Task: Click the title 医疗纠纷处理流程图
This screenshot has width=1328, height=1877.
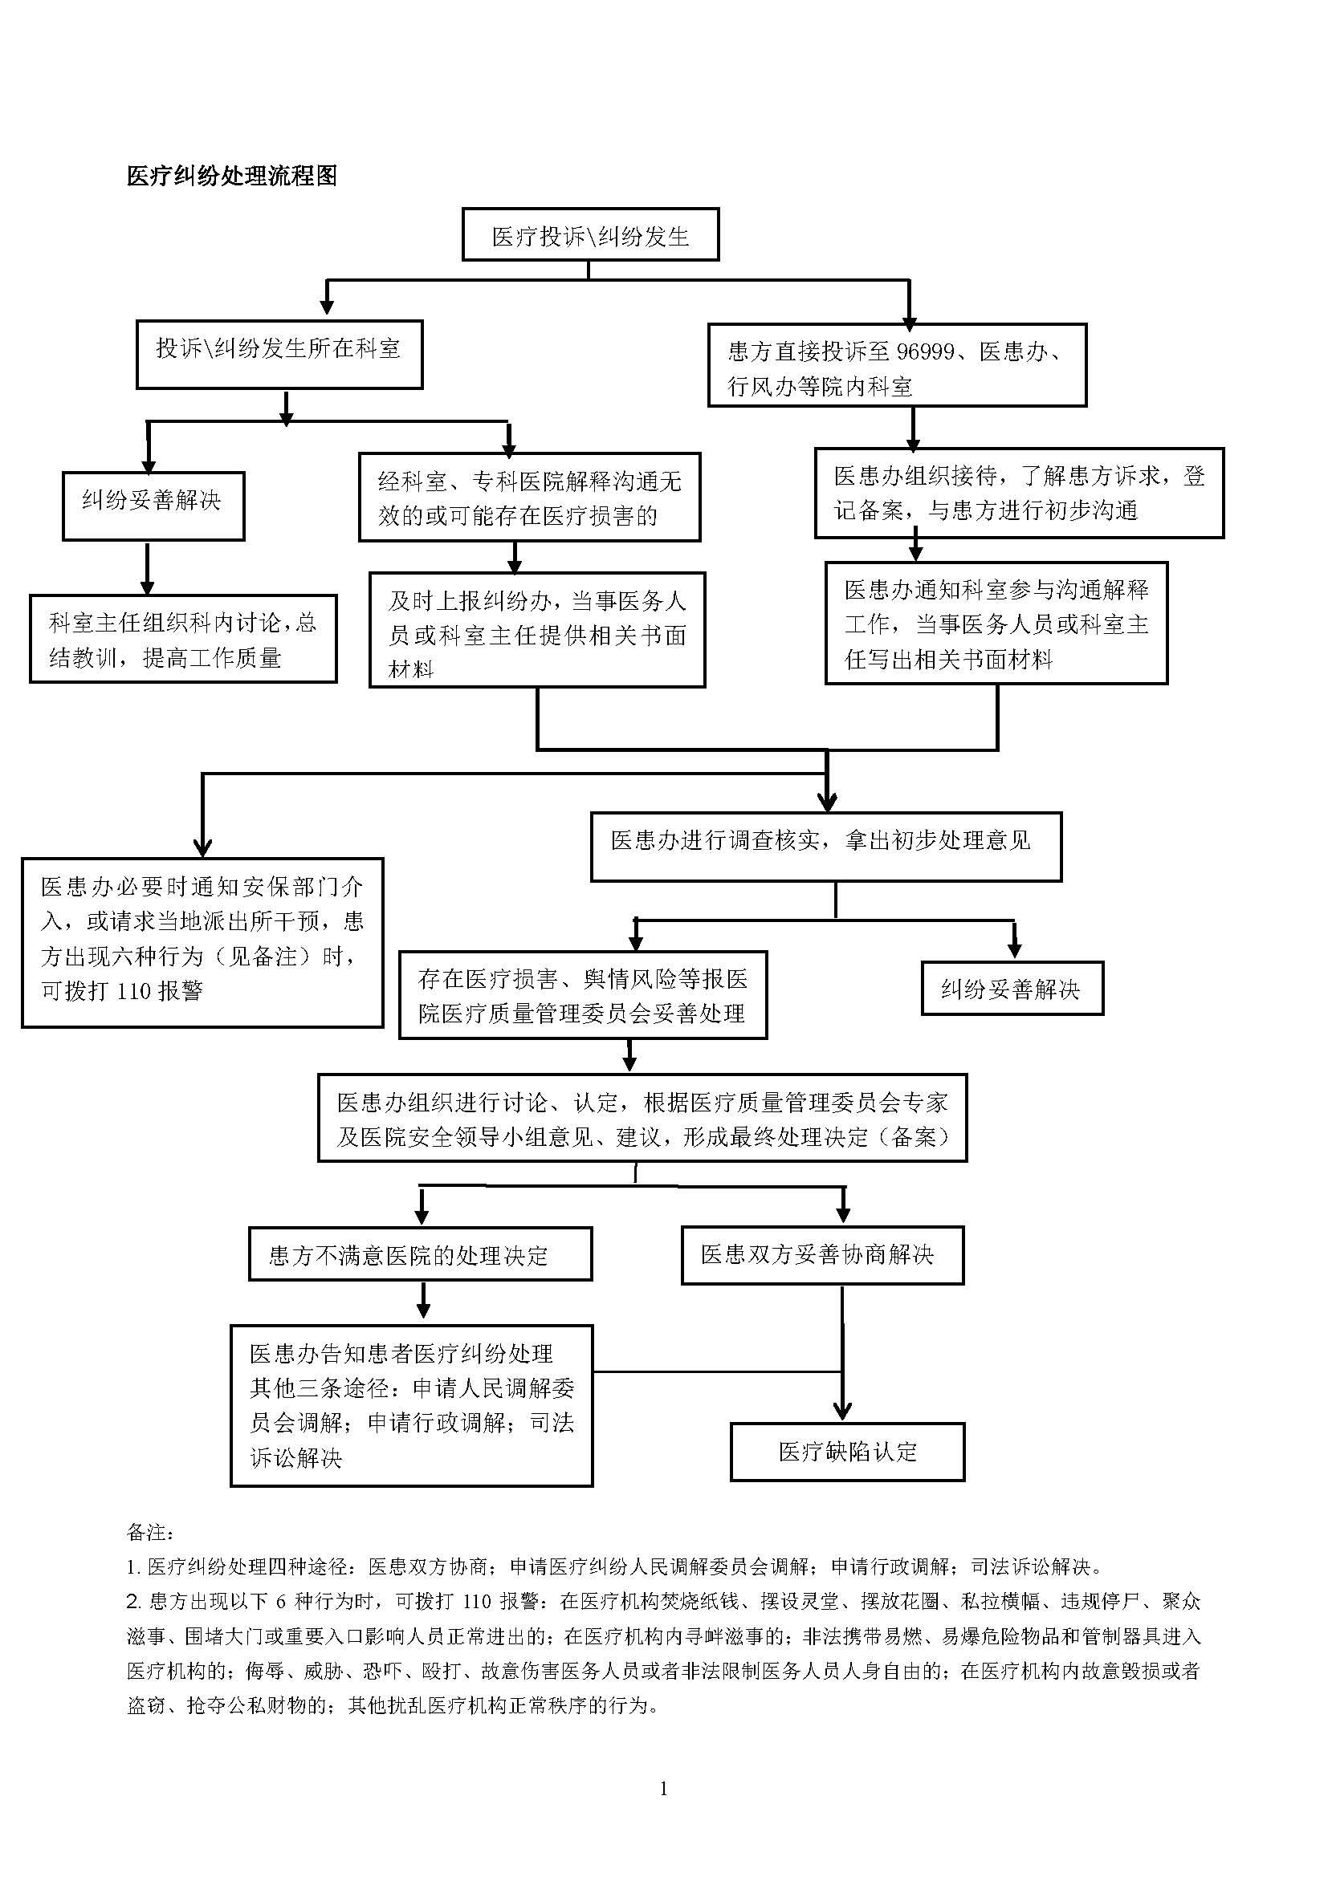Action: click(x=231, y=176)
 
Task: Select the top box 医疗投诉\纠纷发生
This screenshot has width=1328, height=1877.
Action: click(x=590, y=235)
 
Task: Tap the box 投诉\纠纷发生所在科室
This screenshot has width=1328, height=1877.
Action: click(x=279, y=354)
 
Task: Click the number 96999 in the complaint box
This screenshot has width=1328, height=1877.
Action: click(x=925, y=351)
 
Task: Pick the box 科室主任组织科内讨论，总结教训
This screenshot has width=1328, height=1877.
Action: click(x=183, y=639)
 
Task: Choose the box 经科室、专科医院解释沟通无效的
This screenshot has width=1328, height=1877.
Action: click(x=529, y=497)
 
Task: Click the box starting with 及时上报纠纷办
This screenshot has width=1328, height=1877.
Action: click(x=536, y=630)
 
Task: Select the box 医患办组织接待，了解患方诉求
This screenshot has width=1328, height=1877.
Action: click(x=1019, y=493)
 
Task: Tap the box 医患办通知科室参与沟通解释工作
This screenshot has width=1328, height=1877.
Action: click(x=996, y=623)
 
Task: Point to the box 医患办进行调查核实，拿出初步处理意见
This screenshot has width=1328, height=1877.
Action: click(x=826, y=847)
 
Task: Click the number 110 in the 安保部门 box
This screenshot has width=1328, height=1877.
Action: click(x=134, y=992)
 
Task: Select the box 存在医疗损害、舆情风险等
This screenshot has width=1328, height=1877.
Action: click(x=582, y=995)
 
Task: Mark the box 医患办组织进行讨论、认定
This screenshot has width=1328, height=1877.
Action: click(x=642, y=1118)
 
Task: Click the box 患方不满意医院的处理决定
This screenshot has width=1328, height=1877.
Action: click(x=420, y=1255)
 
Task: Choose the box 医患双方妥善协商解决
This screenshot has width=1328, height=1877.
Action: click(x=822, y=1255)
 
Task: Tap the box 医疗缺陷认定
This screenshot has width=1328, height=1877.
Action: click(x=847, y=1452)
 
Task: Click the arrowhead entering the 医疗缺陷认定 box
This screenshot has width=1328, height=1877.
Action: click(x=842, y=1412)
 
